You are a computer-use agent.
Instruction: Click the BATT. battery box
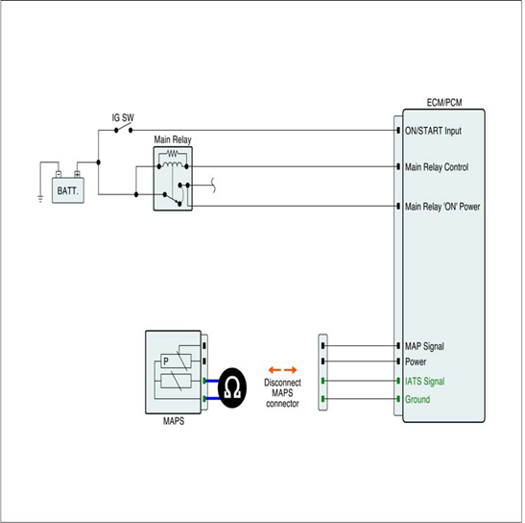tap(68, 190)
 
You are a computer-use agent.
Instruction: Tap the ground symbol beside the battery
tap(40, 199)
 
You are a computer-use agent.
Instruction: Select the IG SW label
tap(123, 117)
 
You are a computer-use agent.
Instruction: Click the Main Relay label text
tap(173, 139)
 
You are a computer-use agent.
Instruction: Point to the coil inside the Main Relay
tap(173, 164)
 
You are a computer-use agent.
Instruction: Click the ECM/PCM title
tap(444, 102)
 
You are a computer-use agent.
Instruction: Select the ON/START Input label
tap(433, 131)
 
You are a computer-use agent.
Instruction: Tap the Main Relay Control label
tap(437, 166)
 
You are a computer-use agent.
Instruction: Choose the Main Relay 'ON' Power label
tap(442, 207)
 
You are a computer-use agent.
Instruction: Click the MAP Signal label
tap(424, 346)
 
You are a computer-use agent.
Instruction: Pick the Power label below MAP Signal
tap(416, 361)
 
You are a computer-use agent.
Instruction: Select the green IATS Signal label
tap(425, 381)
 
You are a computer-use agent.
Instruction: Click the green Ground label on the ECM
tap(418, 399)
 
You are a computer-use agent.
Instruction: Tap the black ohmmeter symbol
tap(232, 387)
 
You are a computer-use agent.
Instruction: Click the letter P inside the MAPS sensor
tap(166, 361)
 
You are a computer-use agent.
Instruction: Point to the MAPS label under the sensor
tap(174, 421)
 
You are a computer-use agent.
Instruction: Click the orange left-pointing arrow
tap(274, 370)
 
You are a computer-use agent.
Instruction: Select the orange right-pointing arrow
tap(291, 370)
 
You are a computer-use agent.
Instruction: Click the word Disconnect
tap(282, 383)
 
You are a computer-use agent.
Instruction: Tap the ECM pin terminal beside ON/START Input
tap(398, 130)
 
